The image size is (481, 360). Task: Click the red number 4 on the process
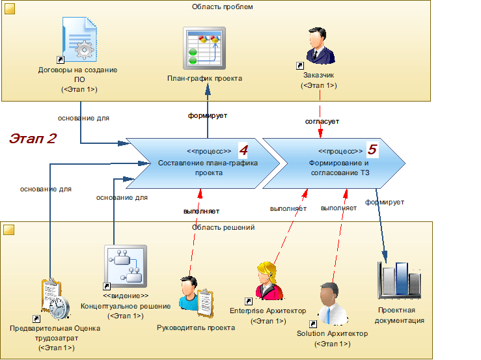coord(243,150)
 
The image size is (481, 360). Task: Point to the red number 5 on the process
coord(372,150)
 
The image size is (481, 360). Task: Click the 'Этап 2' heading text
coord(33,138)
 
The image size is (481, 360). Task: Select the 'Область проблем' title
coord(222,7)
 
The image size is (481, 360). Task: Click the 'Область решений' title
coord(223,227)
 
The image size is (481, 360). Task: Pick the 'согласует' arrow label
coord(322,121)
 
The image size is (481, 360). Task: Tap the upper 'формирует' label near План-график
coord(207,115)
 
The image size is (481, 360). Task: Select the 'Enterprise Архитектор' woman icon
coord(269,281)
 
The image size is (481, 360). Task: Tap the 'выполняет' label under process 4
coord(200,211)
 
